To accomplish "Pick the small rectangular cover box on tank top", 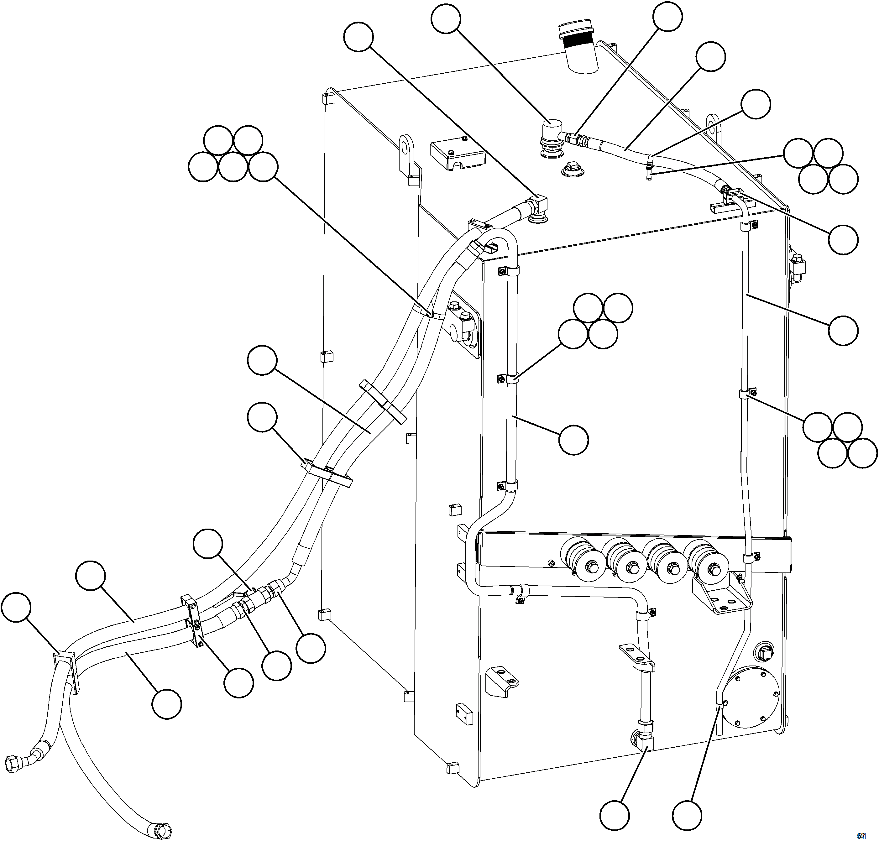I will click(458, 155).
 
